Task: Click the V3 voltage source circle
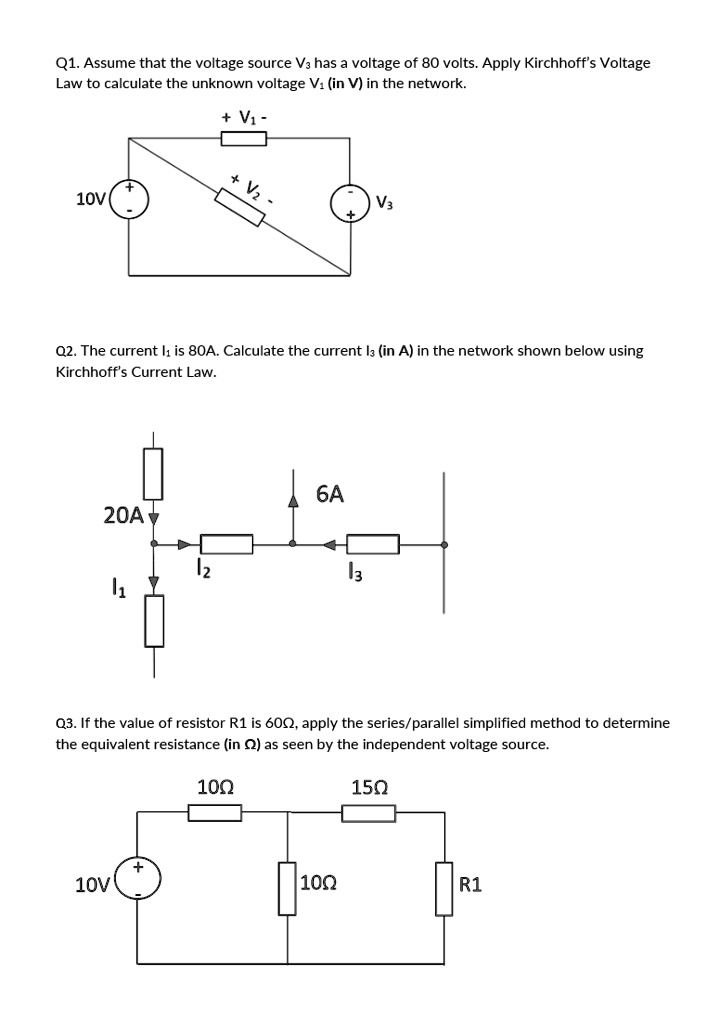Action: click(x=351, y=202)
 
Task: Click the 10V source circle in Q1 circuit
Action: click(x=130, y=198)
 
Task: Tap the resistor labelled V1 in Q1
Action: click(x=243, y=138)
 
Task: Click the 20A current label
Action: click(x=123, y=515)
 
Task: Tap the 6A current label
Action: click(x=330, y=494)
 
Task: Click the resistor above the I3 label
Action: click(x=373, y=545)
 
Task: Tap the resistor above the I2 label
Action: click(x=226, y=545)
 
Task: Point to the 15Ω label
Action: click(x=369, y=787)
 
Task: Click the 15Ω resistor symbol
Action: click(x=369, y=813)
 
